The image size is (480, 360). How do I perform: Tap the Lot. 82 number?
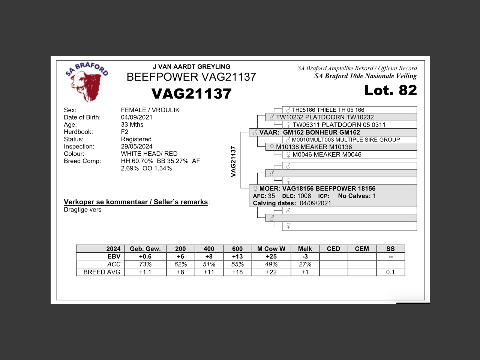pos(390,90)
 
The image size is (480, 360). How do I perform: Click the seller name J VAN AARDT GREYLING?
pos(191,67)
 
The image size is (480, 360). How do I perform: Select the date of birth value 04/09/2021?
pos(136,117)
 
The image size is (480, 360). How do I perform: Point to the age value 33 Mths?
pos(132,124)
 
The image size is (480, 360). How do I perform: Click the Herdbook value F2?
pos(124,132)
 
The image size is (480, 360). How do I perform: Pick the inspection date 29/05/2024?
pos(136,147)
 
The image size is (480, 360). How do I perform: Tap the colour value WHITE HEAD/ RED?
pos(149,154)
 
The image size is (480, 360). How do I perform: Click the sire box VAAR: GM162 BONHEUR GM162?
pos(309,132)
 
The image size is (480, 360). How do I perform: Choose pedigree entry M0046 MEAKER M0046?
pos(327,154)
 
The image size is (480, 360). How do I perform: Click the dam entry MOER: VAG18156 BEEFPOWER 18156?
pos(317,189)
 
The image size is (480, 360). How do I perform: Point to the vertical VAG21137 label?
pos(233,162)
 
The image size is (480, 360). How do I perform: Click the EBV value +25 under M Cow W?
pos(271,256)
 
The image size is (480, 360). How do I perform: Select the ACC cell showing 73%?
pos(145,264)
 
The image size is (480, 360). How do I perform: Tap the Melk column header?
pos(305,249)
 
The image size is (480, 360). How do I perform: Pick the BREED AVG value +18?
pos(237,272)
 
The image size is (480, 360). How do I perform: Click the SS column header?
pos(390,249)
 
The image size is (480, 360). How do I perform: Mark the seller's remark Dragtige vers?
pos(82,210)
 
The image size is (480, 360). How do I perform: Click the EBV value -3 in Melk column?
pos(305,256)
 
